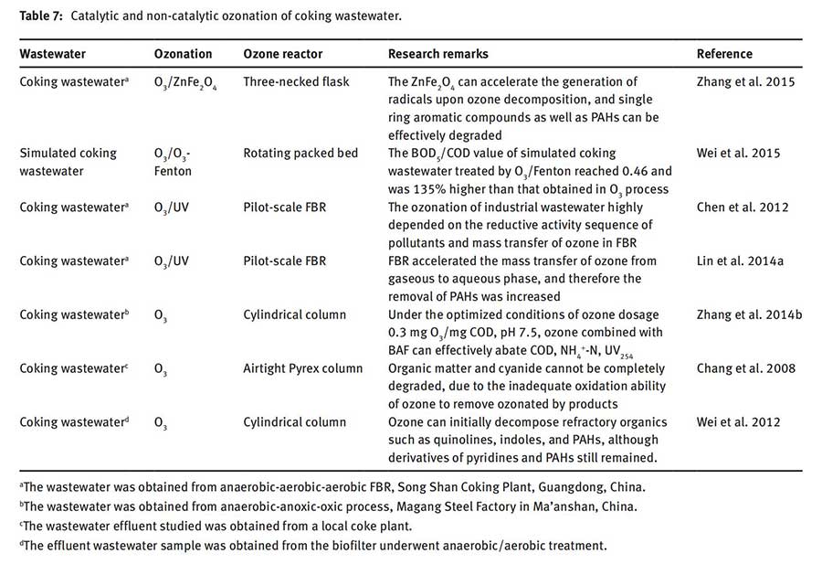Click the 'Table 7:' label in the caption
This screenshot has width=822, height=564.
[40, 16]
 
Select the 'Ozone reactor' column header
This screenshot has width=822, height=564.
[282, 54]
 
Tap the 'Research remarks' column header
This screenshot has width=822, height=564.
[437, 54]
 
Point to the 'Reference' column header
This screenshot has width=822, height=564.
[724, 54]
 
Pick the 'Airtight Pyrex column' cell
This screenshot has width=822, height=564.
[303, 368]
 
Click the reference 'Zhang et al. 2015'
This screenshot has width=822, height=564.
[745, 82]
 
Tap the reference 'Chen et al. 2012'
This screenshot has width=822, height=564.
[743, 207]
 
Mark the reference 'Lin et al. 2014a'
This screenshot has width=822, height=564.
[741, 261]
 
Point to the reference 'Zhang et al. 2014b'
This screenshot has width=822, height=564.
[750, 314]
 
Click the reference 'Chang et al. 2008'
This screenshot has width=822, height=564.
[745, 368]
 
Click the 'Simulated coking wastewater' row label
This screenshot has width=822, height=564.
[68, 162]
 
